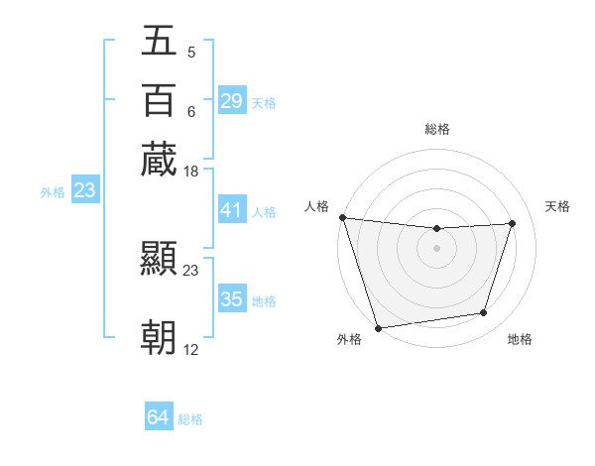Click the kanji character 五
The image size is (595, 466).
pyautogui.click(x=159, y=43)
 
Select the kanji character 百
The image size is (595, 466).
pyautogui.click(x=159, y=101)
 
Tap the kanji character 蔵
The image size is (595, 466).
pyautogui.click(x=159, y=160)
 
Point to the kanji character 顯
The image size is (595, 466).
pyautogui.click(x=159, y=259)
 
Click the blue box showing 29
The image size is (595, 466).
pyautogui.click(x=232, y=101)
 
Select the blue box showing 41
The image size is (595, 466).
pyautogui.click(x=232, y=210)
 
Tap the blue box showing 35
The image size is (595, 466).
pyautogui.click(x=232, y=299)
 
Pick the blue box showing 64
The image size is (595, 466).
pyautogui.click(x=159, y=417)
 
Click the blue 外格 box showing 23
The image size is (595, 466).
pyautogui.click(x=84, y=190)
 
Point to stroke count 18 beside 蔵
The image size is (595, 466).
pyautogui.click(x=191, y=172)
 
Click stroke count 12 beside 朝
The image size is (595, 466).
pyautogui.click(x=191, y=350)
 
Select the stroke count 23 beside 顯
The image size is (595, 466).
pyautogui.click(x=191, y=270)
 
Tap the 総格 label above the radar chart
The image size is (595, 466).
pyautogui.click(x=436, y=129)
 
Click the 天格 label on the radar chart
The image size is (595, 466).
pyautogui.click(x=557, y=206)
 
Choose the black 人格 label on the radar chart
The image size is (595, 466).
pyautogui.click(x=316, y=206)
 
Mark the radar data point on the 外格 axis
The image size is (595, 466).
pyautogui.click(x=378, y=327)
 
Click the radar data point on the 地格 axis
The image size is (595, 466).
pyautogui.click(x=484, y=313)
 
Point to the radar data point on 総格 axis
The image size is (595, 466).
pyautogui.click(x=436, y=229)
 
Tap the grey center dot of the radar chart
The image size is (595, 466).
pyautogui.click(x=436, y=248)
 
